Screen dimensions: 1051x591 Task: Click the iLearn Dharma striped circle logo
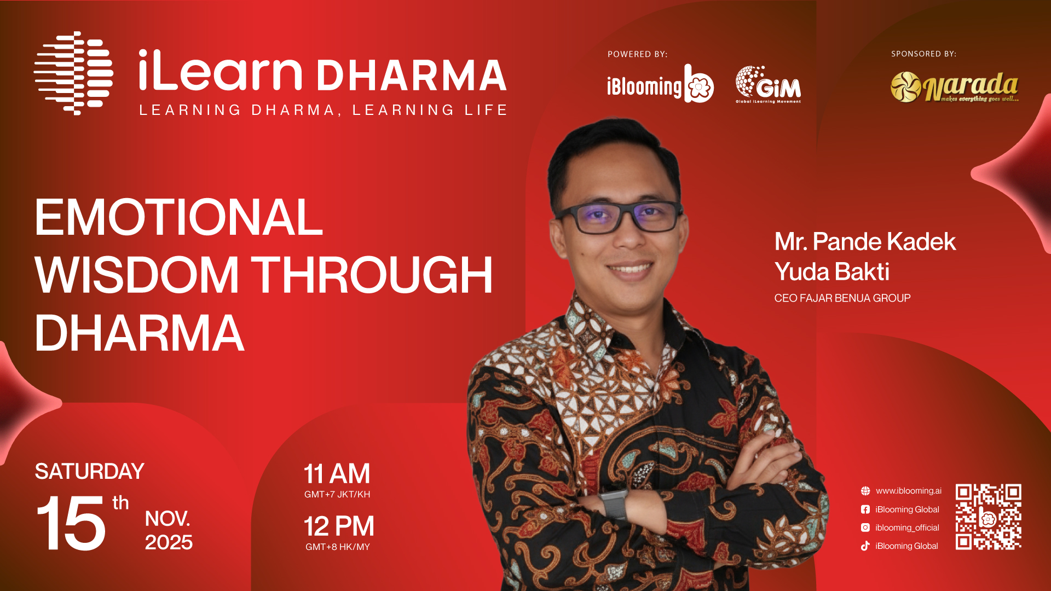click(74, 73)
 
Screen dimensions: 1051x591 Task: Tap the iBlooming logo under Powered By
click(660, 84)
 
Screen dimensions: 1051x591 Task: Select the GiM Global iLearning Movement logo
click(768, 84)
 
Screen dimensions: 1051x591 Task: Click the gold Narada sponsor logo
click(955, 87)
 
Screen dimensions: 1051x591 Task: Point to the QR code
click(989, 517)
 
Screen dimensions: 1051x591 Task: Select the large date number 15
click(71, 523)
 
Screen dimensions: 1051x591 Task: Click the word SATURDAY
click(89, 471)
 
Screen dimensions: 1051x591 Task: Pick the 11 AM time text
click(337, 474)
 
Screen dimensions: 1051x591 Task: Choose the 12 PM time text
click(339, 526)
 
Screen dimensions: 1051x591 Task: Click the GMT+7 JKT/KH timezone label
click(337, 494)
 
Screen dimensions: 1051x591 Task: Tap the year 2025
click(169, 542)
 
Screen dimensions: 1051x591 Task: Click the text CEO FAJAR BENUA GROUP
click(842, 298)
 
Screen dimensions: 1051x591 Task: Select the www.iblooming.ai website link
click(909, 491)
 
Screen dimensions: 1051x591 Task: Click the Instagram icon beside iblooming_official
click(865, 528)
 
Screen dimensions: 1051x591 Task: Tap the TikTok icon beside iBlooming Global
click(865, 546)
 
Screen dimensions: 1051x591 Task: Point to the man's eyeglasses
click(619, 217)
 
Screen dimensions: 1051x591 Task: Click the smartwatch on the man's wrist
click(614, 503)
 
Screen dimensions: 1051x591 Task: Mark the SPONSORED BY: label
click(923, 54)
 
